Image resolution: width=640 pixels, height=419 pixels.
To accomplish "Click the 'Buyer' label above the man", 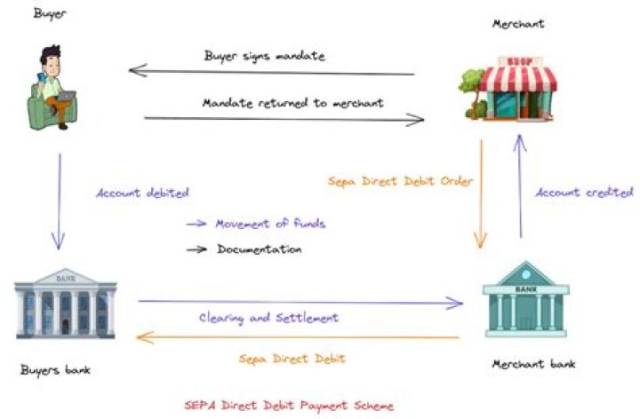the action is [x=50, y=14].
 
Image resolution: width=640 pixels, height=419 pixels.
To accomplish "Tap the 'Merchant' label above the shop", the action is [x=518, y=24].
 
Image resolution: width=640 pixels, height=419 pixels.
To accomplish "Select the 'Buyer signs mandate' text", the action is [x=265, y=56].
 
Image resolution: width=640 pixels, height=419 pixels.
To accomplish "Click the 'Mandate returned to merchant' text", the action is [x=292, y=103].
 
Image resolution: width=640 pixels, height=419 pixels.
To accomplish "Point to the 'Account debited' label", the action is [x=142, y=193].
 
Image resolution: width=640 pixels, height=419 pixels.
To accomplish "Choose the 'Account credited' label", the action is [x=584, y=193].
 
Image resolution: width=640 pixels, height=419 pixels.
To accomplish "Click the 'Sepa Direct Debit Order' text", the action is [x=400, y=181].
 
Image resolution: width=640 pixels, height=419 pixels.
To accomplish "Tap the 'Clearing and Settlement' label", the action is [x=268, y=318].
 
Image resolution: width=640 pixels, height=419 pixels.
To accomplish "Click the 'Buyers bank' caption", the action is [x=55, y=370].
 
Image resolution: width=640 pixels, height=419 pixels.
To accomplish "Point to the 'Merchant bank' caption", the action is [x=533, y=364].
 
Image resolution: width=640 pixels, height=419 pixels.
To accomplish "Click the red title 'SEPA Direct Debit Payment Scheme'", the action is [x=289, y=406].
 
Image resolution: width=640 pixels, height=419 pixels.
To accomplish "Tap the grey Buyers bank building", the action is [x=65, y=304].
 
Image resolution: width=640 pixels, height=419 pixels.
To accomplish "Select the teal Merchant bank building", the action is [x=525, y=299].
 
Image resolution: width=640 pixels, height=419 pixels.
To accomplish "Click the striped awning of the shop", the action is [x=518, y=78].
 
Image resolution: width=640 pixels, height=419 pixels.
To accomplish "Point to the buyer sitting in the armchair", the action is [x=52, y=88].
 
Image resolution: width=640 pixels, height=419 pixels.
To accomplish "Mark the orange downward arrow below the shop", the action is [x=481, y=194].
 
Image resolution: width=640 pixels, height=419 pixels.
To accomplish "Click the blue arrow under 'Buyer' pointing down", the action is [x=60, y=202].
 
